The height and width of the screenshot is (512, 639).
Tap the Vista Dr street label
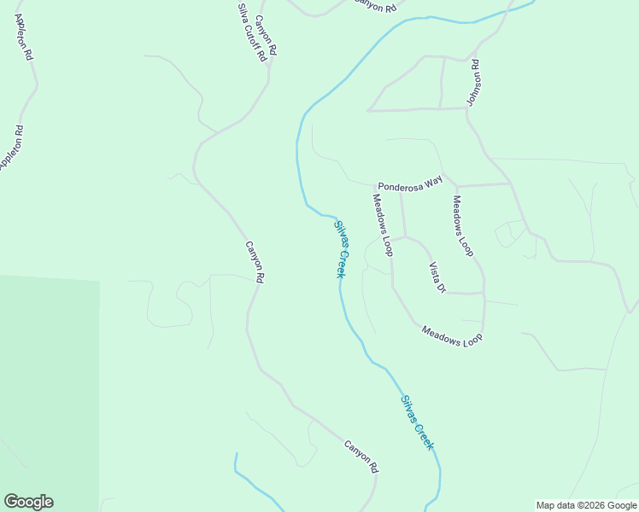point(437,277)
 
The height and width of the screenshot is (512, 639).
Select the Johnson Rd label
point(473,83)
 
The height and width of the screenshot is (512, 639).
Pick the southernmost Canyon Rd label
point(361,457)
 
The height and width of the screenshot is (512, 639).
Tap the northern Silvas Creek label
point(340,249)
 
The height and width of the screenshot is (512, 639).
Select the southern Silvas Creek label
point(418,422)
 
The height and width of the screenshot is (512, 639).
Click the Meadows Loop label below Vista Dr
point(452,335)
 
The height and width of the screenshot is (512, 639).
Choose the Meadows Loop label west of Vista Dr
point(382,224)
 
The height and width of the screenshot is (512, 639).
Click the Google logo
point(28,502)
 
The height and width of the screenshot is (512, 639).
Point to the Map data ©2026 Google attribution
point(587,505)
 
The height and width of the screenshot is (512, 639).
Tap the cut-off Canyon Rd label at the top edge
point(376,6)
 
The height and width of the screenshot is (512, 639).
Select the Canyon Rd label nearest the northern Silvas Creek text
point(255,262)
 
